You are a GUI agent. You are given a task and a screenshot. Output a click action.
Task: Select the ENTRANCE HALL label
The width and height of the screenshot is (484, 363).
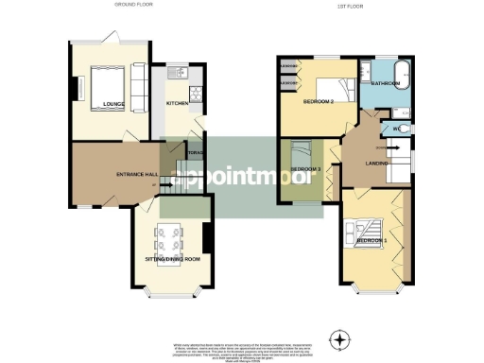pos(135,176)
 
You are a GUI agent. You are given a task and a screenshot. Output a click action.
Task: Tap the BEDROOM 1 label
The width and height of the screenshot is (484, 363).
pos(372,241)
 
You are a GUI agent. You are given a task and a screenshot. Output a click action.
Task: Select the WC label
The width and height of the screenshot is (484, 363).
pos(397,128)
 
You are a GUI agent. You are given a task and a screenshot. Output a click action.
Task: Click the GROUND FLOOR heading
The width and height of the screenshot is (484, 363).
pos(133,5)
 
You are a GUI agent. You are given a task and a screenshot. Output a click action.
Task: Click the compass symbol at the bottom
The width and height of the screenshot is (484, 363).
pos(338,337)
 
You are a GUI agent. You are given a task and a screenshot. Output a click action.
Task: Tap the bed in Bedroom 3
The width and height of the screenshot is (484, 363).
pos(302,155)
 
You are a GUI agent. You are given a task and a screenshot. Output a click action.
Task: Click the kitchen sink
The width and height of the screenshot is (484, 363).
pos(176,73)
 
